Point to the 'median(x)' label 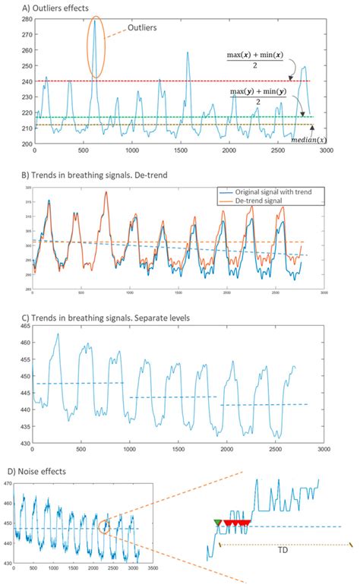coord(310,138)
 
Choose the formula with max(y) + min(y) coord(258,96)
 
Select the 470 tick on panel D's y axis coord(7,483)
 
